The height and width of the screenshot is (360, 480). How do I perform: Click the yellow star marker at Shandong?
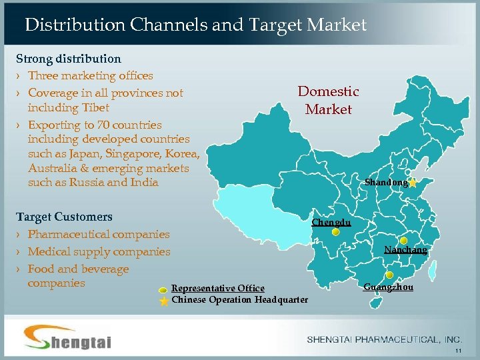[x=413, y=182]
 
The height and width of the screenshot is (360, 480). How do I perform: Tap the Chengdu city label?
[x=331, y=222]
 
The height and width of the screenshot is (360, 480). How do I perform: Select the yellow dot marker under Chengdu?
[x=337, y=233]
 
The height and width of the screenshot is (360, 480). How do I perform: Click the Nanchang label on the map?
[x=405, y=250]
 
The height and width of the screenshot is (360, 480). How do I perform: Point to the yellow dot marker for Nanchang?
[x=404, y=241]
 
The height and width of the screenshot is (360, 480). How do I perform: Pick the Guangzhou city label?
[x=388, y=287]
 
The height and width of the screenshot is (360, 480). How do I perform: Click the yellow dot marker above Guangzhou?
[x=389, y=275]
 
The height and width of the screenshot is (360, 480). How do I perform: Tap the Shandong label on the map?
[x=386, y=182]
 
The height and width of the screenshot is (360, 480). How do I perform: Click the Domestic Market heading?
[x=328, y=101]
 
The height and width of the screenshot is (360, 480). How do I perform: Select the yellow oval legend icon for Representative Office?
[x=163, y=289]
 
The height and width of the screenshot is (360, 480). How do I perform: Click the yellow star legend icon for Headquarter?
[x=163, y=300]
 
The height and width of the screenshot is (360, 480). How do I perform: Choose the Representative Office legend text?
[x=218, y=288]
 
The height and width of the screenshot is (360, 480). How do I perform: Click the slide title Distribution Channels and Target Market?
[x=195, y=25]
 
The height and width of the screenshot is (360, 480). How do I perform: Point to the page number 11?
[x=457, y=351]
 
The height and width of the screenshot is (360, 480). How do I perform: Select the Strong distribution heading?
[x=69, y=59]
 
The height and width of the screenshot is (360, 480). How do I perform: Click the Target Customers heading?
[x=64, y=217]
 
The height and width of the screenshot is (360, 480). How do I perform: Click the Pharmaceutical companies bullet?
[x=99, y=234]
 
